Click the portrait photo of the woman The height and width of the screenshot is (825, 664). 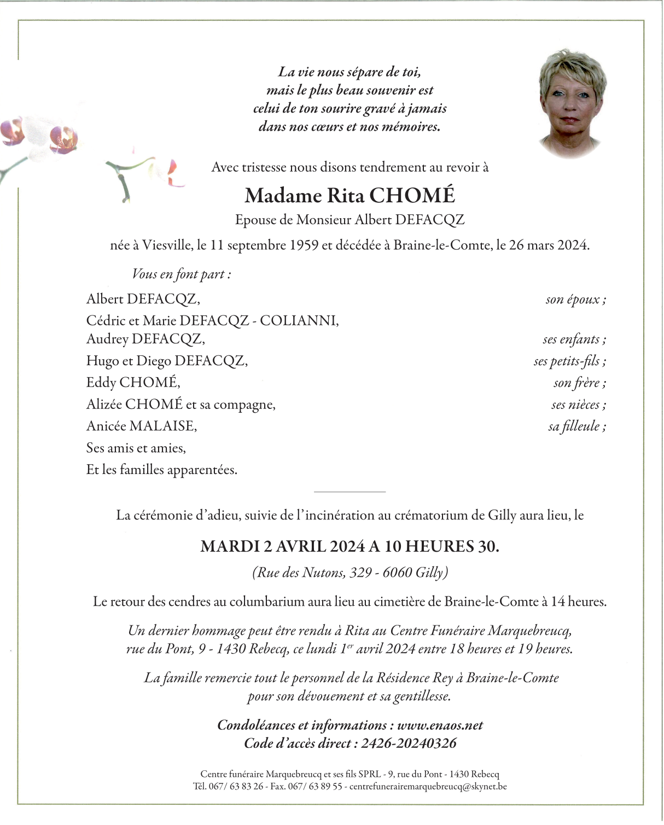(x=573, y=102)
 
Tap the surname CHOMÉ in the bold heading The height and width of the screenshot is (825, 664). (x=412, y=195)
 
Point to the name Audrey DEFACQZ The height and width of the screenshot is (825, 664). (x=145, y=339)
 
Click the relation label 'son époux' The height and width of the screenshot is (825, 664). (x=575, y=300)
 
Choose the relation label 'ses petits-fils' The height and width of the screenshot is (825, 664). (x=569, y=361)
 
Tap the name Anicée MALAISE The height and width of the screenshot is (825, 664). (x=141, y=426)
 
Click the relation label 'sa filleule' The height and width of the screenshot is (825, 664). (x=576, y=426)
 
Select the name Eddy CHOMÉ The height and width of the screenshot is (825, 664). (x=133, y=383)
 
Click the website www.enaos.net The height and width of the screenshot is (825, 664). (x=440, y=725)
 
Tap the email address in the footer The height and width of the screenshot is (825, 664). (x=428, y=787)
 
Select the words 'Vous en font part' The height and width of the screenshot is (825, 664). (x=181, y=274)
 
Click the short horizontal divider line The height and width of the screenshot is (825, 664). (x=350, y=492)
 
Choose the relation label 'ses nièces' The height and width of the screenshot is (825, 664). (x=578, y=405)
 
